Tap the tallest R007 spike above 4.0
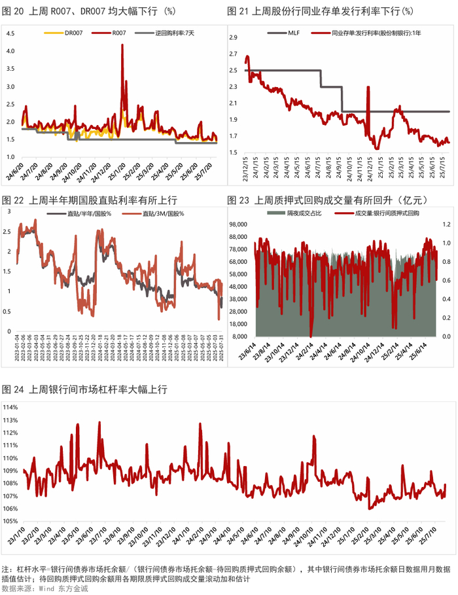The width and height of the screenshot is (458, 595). point(122,46)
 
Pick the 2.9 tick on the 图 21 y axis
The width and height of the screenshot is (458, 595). point(232,37)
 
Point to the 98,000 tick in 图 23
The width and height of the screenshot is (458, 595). point(236,225)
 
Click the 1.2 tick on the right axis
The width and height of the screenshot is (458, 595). point(448,225)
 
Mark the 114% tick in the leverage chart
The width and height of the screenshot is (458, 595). point(12,408)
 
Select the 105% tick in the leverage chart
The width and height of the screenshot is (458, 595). point(12,521)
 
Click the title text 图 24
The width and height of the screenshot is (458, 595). point(14,389)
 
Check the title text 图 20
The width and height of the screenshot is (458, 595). point(14,11)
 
